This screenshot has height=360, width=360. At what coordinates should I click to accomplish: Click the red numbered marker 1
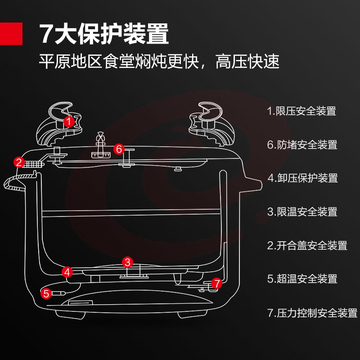69,122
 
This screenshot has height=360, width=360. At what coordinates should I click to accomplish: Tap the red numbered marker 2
19,162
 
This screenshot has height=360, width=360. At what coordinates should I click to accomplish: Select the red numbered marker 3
127,262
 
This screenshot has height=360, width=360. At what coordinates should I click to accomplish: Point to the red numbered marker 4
67,272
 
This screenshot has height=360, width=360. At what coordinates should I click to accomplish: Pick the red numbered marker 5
46,294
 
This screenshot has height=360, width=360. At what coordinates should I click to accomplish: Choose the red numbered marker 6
119,149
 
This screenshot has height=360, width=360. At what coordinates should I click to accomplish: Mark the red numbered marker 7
217,284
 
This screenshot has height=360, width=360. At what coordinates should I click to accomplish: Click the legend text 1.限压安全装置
301,111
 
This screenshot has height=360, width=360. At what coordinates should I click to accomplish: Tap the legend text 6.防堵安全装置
302,145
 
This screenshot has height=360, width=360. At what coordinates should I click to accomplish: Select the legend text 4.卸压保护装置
303,178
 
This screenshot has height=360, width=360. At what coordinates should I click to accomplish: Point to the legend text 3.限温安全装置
302,212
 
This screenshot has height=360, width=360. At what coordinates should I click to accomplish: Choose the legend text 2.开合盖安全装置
307,246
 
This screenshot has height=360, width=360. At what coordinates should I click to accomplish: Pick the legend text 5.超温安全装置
302,279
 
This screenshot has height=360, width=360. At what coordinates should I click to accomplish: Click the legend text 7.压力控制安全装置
312,313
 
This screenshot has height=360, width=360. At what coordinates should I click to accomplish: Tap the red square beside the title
11,33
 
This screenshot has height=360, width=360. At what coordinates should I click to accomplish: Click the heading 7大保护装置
104,34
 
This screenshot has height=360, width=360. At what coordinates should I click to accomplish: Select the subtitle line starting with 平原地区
159,62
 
